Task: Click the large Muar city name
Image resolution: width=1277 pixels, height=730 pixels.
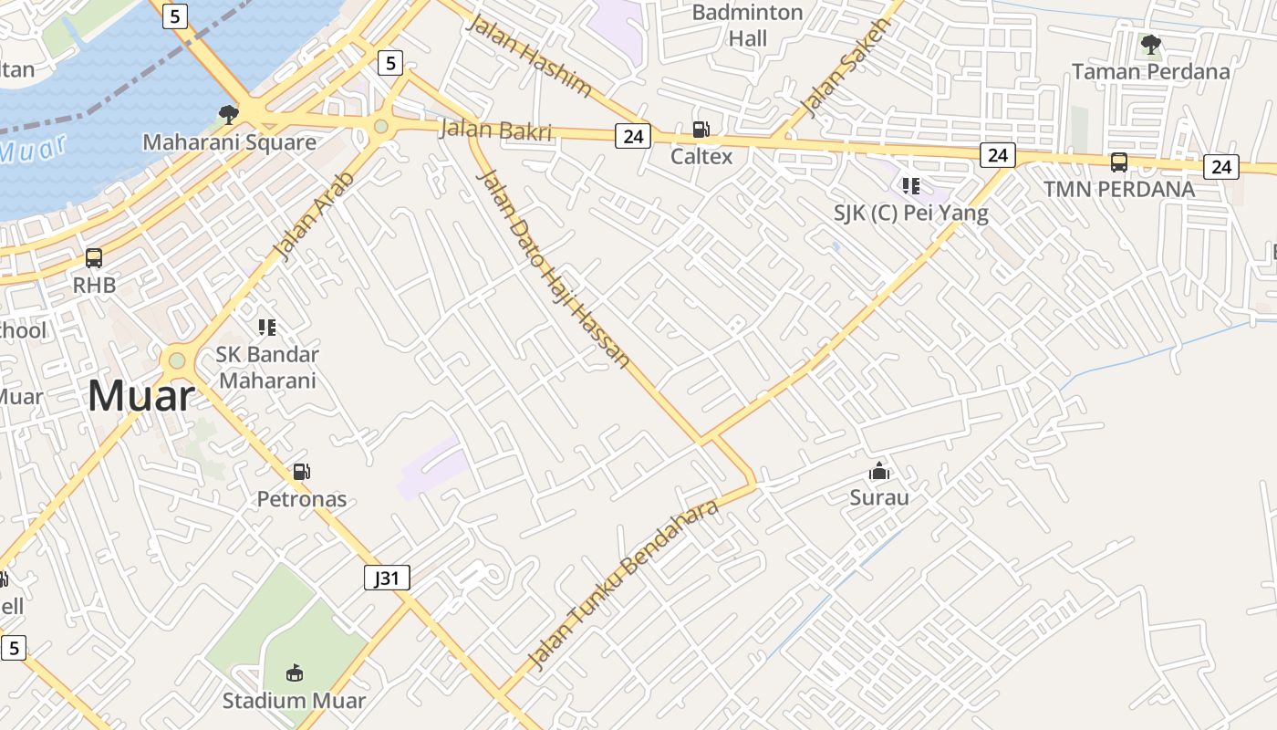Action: (141, 396)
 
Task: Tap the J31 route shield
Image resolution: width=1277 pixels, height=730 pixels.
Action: (387, 578)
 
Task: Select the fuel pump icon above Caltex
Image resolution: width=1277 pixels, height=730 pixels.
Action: (701, 130)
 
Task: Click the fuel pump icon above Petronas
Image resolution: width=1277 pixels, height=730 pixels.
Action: (301, 472)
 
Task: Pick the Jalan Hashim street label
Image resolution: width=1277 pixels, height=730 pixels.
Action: (528, 54)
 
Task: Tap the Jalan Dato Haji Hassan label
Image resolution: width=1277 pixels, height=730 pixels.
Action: (553, 268)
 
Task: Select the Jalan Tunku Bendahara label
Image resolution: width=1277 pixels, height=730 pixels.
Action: (624, 585)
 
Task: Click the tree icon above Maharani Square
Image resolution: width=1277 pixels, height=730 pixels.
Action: (228, 114)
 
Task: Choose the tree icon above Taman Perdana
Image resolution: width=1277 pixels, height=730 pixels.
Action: (1151, 44)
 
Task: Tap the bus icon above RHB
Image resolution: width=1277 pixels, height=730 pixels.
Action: (94, 258)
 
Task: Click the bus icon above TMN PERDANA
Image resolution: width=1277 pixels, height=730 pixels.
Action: (1118, 162)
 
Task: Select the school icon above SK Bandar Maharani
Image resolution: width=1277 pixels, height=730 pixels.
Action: (267, 327)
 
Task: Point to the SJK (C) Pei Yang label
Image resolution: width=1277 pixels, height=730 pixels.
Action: (910, 214)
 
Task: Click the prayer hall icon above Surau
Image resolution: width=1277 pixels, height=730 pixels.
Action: (879, 471)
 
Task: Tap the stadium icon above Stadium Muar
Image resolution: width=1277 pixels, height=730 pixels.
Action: (294, 673)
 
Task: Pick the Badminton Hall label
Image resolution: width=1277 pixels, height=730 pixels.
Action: (747, 26)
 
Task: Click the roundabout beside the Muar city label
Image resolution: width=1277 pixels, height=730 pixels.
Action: (177, 360)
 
